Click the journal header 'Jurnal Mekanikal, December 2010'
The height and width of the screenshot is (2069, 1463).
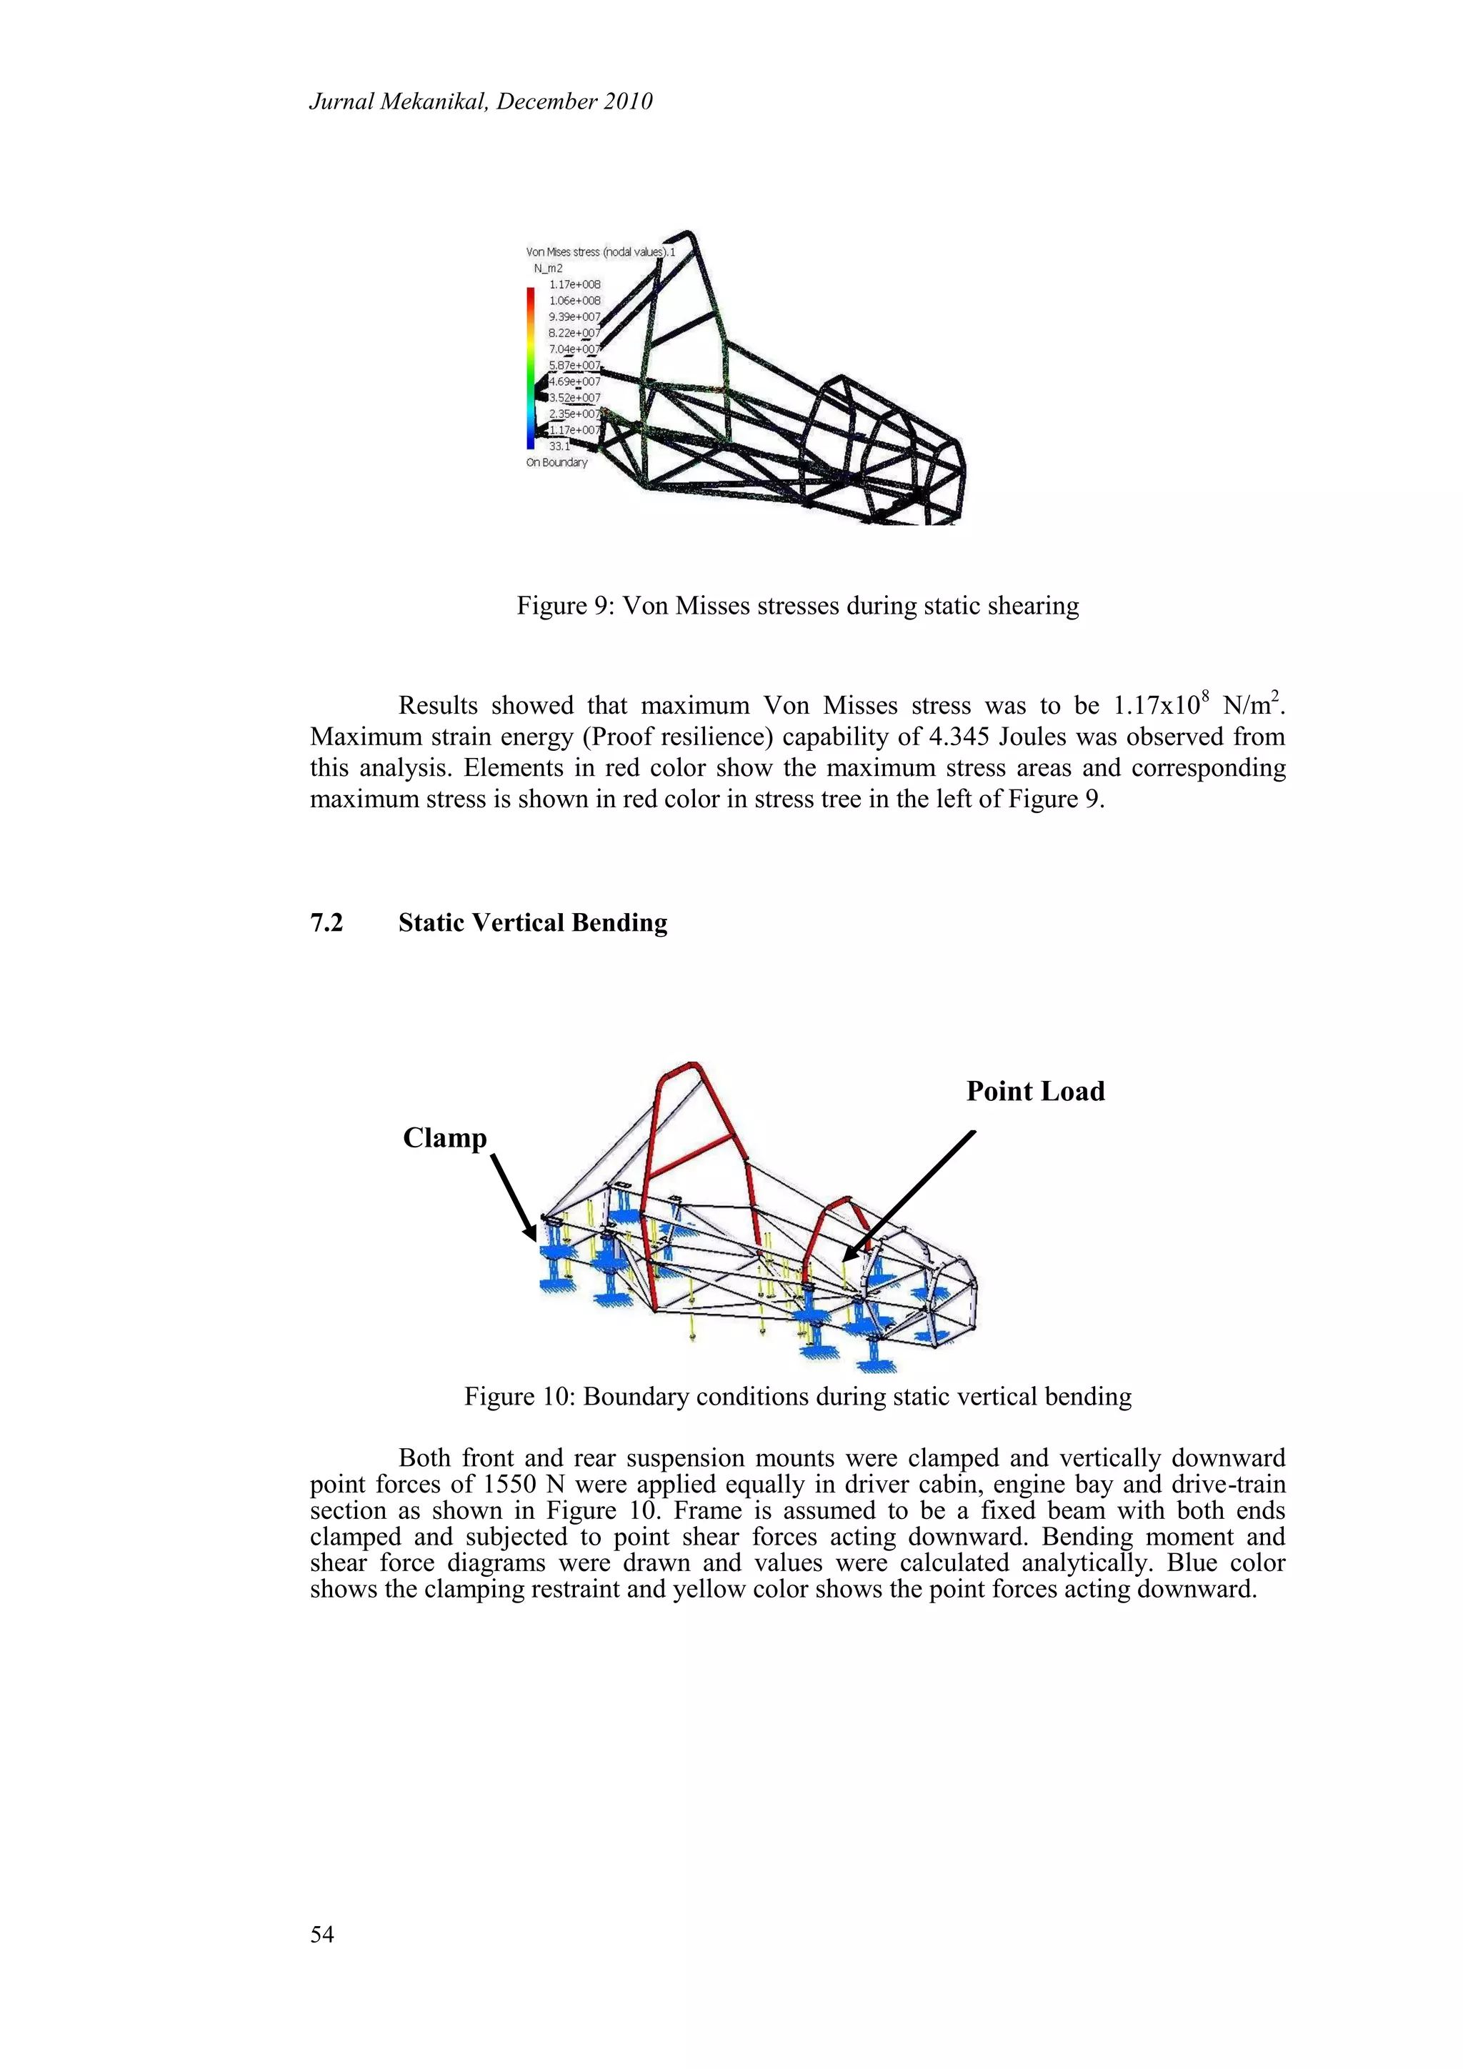click(x=480, y=102)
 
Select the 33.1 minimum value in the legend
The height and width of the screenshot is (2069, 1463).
click(x=559, y=446)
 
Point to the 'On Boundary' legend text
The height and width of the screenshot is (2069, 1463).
click(x=556, y=462)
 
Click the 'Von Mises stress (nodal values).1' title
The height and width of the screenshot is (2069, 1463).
click(x=600, y=252)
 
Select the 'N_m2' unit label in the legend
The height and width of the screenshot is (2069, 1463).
click(x=548, y=269)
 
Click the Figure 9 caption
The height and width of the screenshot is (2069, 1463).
click(x=797, y=606)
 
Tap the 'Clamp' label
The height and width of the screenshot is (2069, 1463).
click(x=444, y=1138)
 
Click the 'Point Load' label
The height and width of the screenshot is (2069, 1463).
click(x=1035, y=1091)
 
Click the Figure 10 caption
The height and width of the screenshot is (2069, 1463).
click(x=797, y=1397)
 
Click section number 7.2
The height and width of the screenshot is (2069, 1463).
click(x=326, y=923)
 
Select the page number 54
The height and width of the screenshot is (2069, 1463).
click(x=321, y=1935)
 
